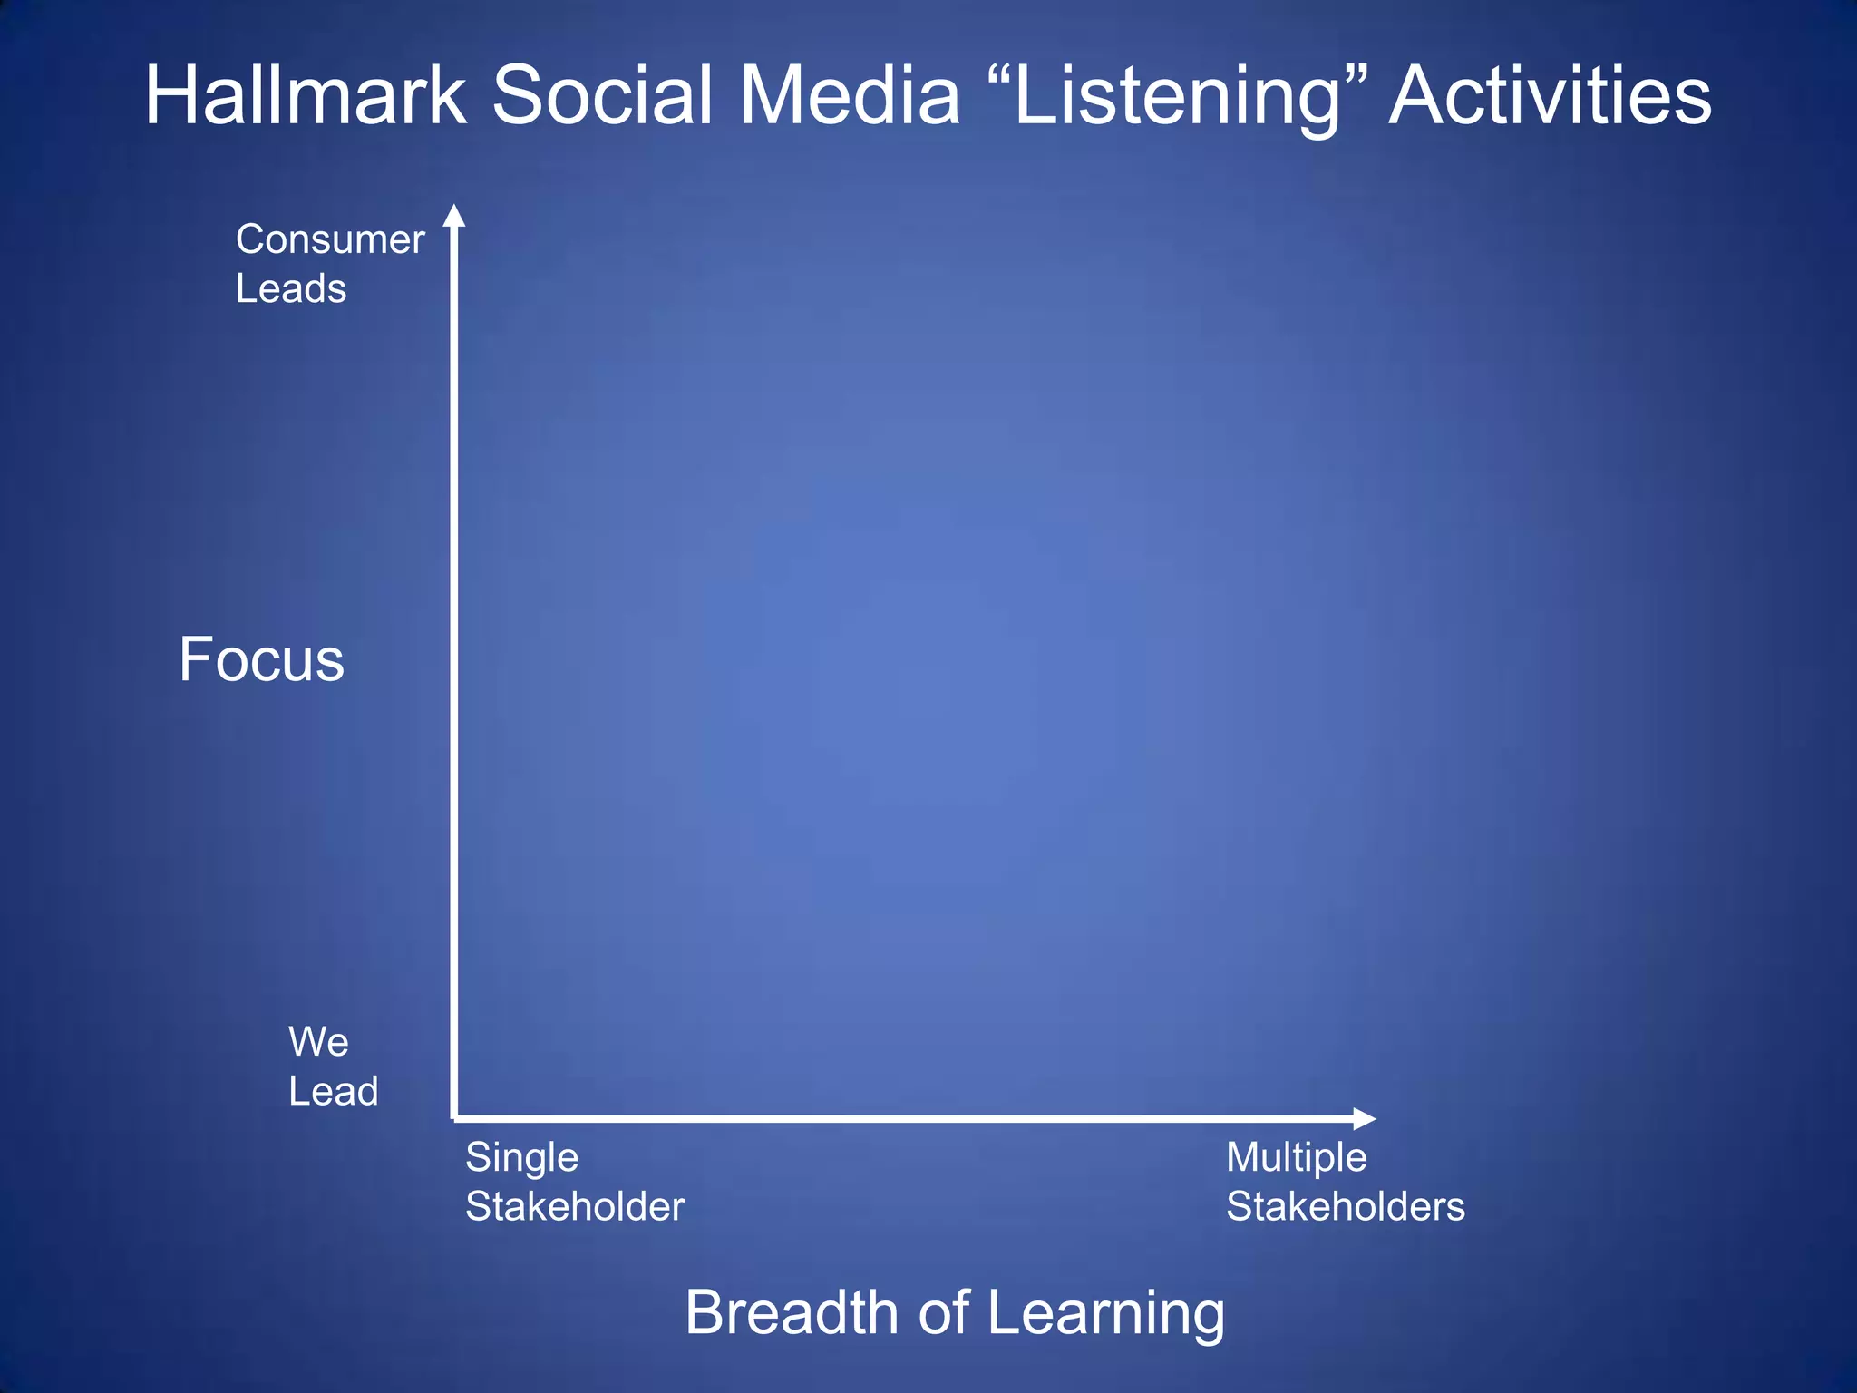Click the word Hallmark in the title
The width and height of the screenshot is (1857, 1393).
click(306, 95)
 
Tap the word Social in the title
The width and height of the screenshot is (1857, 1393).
click(603, 95)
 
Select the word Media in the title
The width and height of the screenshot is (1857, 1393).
click(850, 95)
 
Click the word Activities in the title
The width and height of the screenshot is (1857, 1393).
click(1551, 95)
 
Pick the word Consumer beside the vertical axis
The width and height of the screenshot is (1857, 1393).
click(330, 240)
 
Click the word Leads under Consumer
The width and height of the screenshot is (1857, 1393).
click(291, 289)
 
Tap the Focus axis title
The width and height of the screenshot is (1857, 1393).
click(261, 659)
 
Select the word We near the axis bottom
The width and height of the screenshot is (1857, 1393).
click(318, 1042)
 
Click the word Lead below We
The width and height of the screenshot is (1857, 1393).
click(333, 1091)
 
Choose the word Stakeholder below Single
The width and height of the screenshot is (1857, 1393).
click(575, 1207)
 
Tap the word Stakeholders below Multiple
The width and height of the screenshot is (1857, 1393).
click(1345, 1207)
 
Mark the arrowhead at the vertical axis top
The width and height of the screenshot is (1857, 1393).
click(454, 216)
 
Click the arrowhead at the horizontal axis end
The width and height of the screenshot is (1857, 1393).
click(1365, 1118)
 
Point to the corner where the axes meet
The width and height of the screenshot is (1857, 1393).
click(454, 1118)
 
